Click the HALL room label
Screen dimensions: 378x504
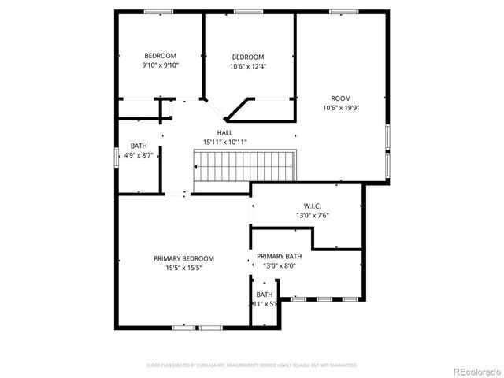pyautogui.click(x=225, y=132)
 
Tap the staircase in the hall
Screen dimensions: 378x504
pyautogui.click(x=245, y=167)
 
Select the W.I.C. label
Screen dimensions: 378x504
pyautogui.click(x=312, y=205)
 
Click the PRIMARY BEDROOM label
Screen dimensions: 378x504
pyautogui.click(x=183, y=258)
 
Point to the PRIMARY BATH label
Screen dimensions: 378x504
pyautogui.click(x=280, y=256)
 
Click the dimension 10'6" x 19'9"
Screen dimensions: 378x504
pyautogui.click(x=341, y=108)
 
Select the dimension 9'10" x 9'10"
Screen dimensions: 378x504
pyautogui.click(x=160, y=65)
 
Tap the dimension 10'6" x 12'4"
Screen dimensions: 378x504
pyautogui.click(x=248, y=67)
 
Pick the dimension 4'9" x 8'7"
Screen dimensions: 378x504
pyautogui.click(x=139, y=156)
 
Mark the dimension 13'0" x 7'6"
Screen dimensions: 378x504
pyautogui.click(x=312, y=215)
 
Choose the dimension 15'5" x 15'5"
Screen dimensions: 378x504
pyautogui.click(x=183, y=269)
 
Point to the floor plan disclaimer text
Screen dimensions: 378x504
pyautogui.click(x=252, y=365)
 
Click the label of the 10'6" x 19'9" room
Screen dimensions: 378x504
pyautogui.click(x=341, y=98)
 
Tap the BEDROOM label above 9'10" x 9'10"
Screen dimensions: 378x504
pyautogui.click(x=160, y=55)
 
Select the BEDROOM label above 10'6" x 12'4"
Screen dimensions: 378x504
pyautogui.click(x=248, y=57)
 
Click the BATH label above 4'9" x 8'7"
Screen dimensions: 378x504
pyautogui.click(x=139, y=146)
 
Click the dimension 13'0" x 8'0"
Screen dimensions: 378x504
pyautogui.click(x=280, y=266)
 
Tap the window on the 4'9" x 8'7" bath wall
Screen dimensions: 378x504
pyautogui.click(x=118, y=156)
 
